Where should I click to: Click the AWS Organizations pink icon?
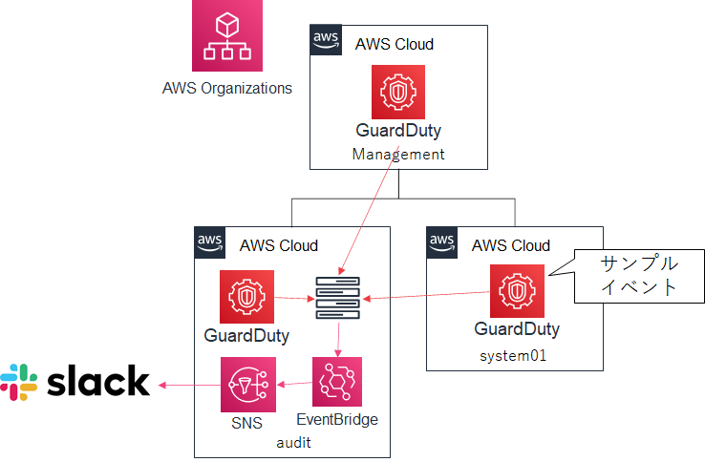click(x=226, y=35)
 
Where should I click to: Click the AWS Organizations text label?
click(x=226, y=89)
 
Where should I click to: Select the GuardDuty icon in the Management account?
click(x=398, y=93)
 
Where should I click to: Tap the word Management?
click(x=398, y=153)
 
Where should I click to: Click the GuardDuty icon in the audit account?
click(x=246, y=297)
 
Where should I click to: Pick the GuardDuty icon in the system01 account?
click(x=517, y=291)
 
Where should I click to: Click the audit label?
click(x=294, y=443)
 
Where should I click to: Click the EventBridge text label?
click(x=337, y=420)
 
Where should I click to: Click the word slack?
click(x=98, y=381)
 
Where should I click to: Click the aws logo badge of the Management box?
click(x=327, y=39)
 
